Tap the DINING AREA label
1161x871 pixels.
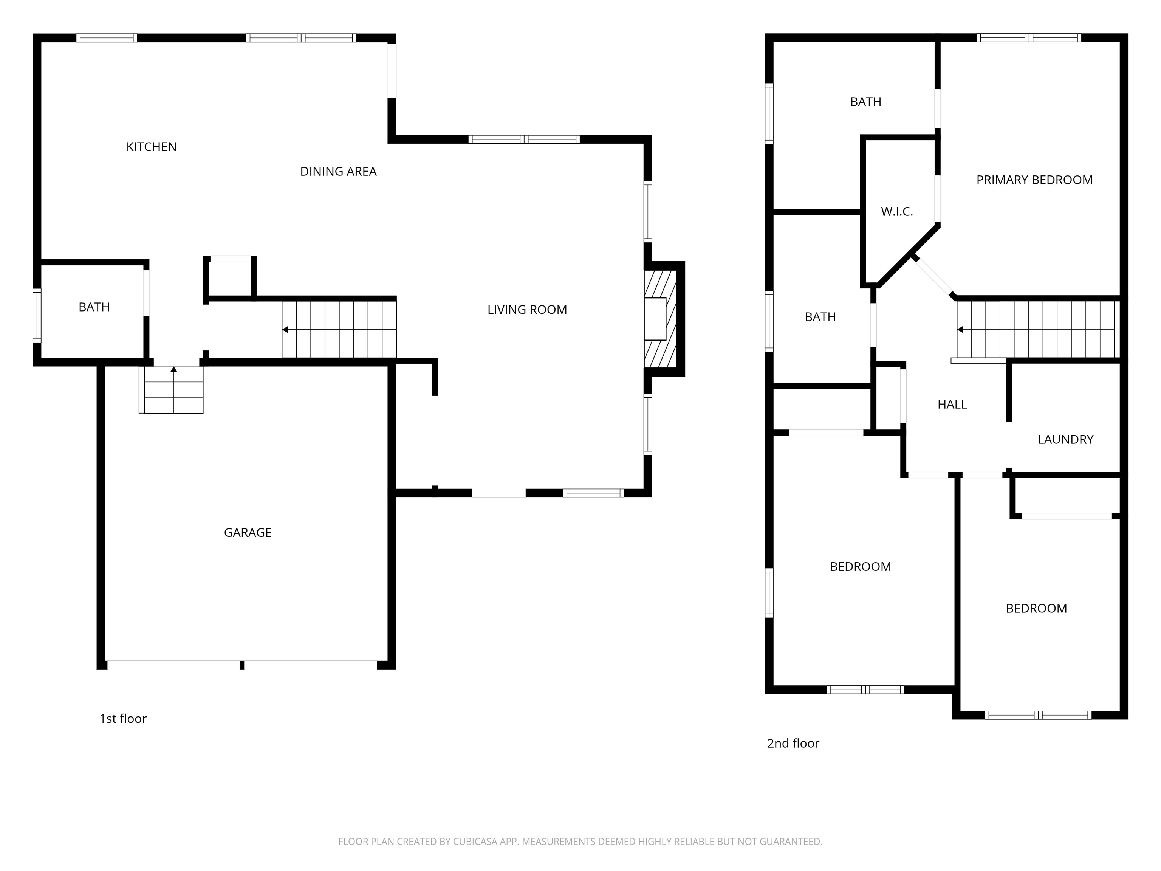click(338, 172)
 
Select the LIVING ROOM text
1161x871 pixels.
click(527, 310)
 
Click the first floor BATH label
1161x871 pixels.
click(94, 307)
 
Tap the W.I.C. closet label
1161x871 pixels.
click(896, 212)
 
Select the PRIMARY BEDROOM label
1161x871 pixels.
click(1034, 180)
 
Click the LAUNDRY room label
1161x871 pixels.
click(1065, 439)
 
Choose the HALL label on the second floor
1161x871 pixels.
click(952, 404)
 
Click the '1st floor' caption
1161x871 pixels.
click(123, 719)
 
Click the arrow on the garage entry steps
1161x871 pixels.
click(174, 370)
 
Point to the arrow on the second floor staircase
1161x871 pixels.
click(960, 330)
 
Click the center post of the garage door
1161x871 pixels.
click(242, 665)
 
